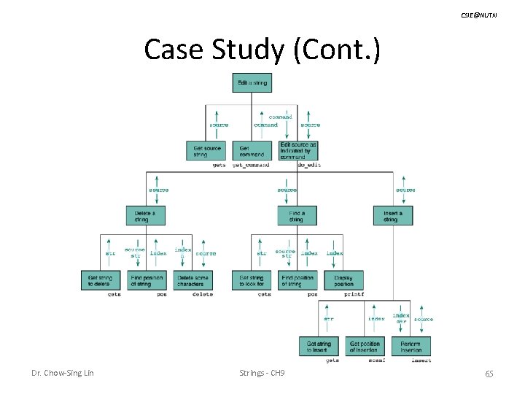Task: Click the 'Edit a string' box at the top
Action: (252, 82)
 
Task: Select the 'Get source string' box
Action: (206, 151)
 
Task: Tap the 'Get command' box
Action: (252, 151)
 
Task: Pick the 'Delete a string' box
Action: (145, 215)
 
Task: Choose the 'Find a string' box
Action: (296, 215)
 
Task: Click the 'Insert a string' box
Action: (392, 215)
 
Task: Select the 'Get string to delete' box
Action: (101, 280)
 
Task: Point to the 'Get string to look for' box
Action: (252, 280)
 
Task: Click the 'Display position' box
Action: (343, 280)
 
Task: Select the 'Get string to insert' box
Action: (319, 347)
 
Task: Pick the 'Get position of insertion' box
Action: (365, 347)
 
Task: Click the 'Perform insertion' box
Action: (411, 347)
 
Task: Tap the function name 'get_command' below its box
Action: (251, 166)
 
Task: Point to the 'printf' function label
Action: (354, 295)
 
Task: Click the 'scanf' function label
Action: (377, 360)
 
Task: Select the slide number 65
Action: (489, 374)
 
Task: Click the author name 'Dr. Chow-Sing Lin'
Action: (62, 374)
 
